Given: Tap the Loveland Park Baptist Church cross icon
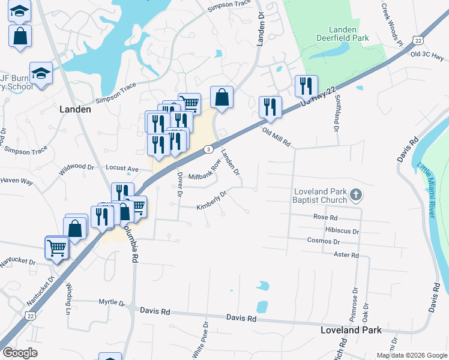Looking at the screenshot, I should pos(356,194).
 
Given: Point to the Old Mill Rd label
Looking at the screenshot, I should pos(276,137).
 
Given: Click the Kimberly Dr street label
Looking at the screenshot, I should pos(211,202).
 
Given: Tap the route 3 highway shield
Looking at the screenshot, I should pos(208,149).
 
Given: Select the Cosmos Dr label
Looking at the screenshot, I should pos(323,241).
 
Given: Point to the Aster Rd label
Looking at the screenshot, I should pos(346,255).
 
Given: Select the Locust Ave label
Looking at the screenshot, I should pos(122,169).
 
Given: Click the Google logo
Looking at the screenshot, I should pos(20,352).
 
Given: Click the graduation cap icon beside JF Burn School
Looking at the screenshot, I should pos(41,73).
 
